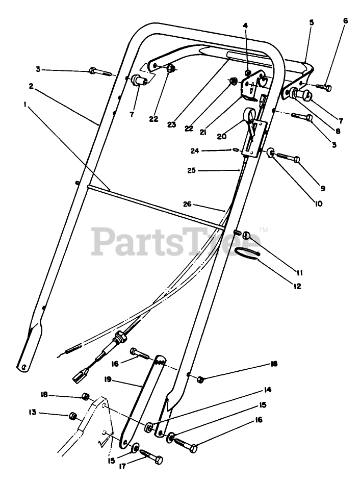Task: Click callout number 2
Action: point(32,87)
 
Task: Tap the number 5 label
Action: point(312,22)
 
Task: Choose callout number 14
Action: point(267,390)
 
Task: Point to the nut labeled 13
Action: point(72,416)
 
